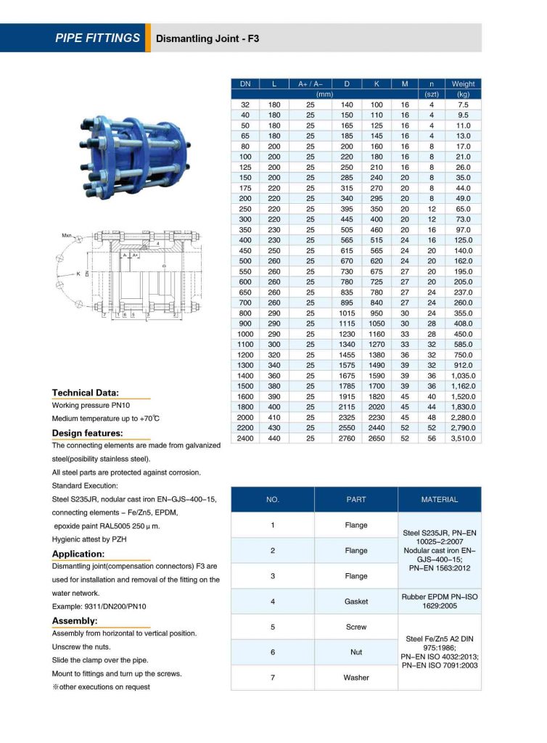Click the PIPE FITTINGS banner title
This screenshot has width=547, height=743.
click(97, 38)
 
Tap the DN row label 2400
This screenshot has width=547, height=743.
click(245, 439)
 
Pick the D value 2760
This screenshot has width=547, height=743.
click(347, 439)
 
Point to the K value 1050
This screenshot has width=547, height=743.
click(377, 322)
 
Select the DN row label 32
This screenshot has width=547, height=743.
click(245, 105)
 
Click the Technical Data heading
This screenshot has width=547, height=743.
click(86, 393)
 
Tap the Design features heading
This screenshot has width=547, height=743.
click(87, 433)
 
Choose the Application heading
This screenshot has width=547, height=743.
click(79, 554)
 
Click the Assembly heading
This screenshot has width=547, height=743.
click(75, 621)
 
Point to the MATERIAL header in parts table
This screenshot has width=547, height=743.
click(440, 499)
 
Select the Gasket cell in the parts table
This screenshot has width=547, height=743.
click(356, 602)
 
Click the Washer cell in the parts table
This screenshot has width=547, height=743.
click(356, 678)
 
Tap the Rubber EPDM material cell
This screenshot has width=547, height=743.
click(440, 602)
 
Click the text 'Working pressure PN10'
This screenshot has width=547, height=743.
click(91, 406)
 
